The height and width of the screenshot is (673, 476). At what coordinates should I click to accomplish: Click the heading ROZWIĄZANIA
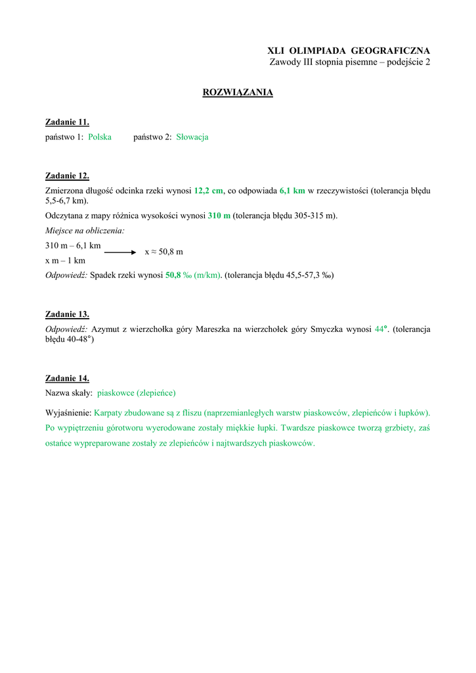pyautogui.click(x=238, y=93)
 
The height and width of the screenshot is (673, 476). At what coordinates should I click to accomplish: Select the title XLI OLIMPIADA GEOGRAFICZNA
pyautogui.click(x=349, y=51)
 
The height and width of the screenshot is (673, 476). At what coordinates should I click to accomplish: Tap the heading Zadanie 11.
pyautogui.click(x=67, y=122)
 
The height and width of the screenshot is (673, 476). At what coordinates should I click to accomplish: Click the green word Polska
pyautogui.click(x=100, y=137)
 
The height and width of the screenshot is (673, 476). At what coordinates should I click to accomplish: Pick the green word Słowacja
pyautogui.click(x=192, y=137)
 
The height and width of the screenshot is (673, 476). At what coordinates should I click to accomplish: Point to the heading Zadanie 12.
pyautogui.click(x=67, y=175)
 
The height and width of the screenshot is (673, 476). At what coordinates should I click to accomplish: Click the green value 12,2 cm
pyautogui.click(x=209, y=191)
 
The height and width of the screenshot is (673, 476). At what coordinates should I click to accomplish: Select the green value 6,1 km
pyautogui.click(x=292, y=191)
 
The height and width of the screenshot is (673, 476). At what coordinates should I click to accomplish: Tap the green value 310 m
pyautogui.click(x=219, y=216)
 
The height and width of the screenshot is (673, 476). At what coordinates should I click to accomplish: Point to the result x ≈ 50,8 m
pyautogui.click(x=163, y=252)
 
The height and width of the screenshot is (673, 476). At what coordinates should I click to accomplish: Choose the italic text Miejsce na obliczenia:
pyautogui.click(x=85, y=231)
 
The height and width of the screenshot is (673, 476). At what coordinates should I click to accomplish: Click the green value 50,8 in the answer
pyautogui.click(x=173, y=275)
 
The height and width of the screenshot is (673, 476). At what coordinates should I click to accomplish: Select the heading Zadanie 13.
pyautogui.click(x=67, y=314)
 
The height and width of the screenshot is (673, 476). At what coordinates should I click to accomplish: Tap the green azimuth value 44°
pyautogui.click(x=381, y=329)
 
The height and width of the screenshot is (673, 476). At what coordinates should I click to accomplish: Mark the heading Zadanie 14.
pyautogui.click(x=67, y=378)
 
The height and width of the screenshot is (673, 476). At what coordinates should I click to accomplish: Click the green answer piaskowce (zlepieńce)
pyautogui.click(x=137, y=393)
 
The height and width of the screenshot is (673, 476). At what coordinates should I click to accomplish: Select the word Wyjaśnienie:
pyautogui.click(x=68, y=413)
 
